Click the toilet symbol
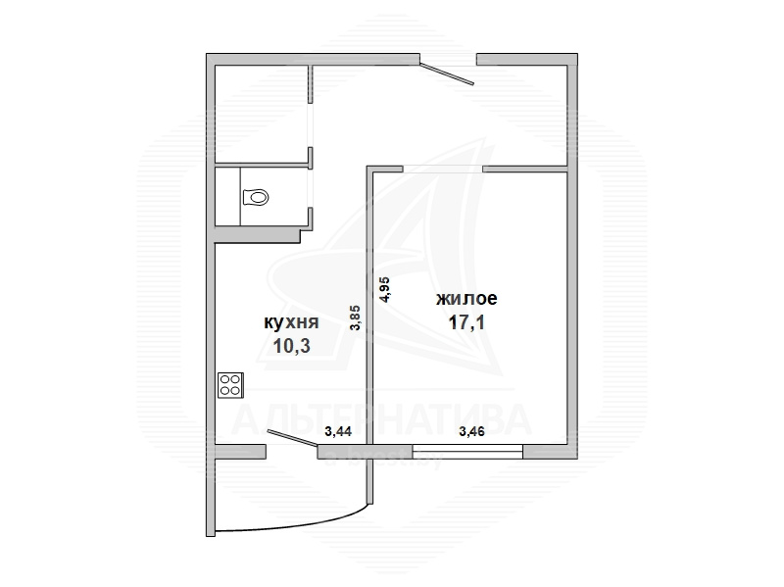tap(256, 197)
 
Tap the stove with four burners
tap(230, 385)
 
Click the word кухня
tap(291, 322)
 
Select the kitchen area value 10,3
tap(291, 346)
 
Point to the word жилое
tap(467, 299)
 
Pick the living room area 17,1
tap(467, 322)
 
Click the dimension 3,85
tap(355, 318)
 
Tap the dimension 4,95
tap(385, 289)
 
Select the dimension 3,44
tap(338, 431)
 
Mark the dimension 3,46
tap(471, 431)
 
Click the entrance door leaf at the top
tap(447, 73)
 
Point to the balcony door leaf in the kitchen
tap(293, 437)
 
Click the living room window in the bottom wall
tap(468, 452)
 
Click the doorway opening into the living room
tap(443, 169)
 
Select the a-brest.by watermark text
tap(383, 460)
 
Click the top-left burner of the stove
tap(224, 379)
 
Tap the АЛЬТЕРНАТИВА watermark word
tap(381, 420)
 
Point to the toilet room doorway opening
tap(311, 187)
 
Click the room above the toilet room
tap(261, 114)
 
